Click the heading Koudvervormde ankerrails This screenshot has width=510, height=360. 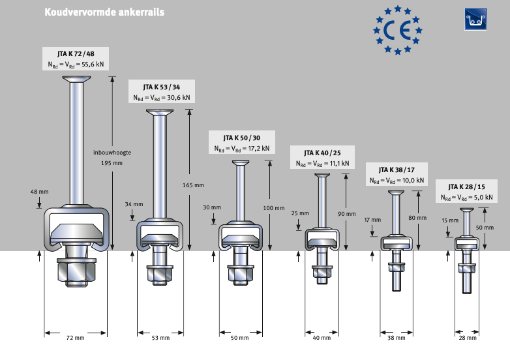pyautogui.click(x=104, y=12)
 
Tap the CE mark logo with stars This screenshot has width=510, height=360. pyautogui.click(x=398, y=30)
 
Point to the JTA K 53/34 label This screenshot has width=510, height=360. pyautogui.click(x=162, y=87)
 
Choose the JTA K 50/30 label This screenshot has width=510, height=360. pyautogui.click(x=241, y=138)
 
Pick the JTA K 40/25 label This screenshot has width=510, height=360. pyautogui.click(x=322, y=153)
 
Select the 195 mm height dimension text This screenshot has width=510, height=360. pyautogui.click(x=112, y=163)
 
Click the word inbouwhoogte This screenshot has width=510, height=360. pyautogui.click(x=112, y=152)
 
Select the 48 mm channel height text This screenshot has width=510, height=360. pyautogui.click(x=40, y=192)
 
